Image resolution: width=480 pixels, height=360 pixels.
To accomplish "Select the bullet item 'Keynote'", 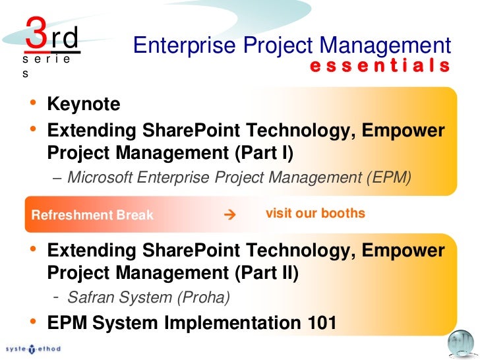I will (x=84, y=104).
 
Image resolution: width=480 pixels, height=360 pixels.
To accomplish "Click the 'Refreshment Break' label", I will (x=92, y=215).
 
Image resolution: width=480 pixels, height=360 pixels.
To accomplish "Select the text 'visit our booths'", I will (x=315, y=214).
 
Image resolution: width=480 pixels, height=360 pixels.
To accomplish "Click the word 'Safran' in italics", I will (x=90, y=297).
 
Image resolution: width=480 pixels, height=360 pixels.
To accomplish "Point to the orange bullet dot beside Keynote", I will (x=32, y=103).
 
